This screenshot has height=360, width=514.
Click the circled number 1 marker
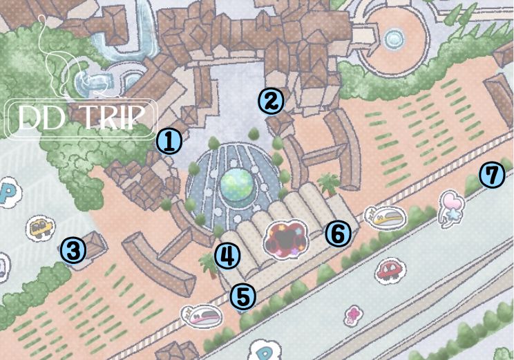(169, 142)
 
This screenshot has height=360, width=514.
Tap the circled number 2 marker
(271, 102)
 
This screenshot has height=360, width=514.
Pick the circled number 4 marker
(227, 256)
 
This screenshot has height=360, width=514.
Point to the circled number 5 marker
(242, 296)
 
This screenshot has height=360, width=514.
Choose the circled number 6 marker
(337, 234)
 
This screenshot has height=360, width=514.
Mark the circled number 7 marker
(491, 176)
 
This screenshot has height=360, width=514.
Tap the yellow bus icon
(41, 227)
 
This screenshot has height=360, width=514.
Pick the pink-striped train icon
(203, 315)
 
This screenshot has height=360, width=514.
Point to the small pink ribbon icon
(353, 315)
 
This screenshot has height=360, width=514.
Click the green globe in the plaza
(236, 183)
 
